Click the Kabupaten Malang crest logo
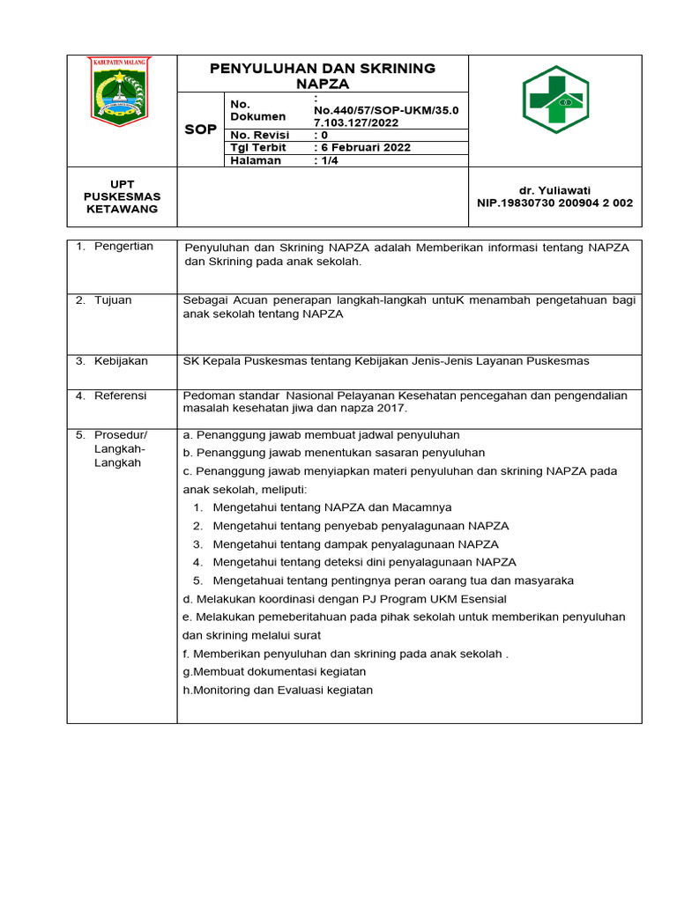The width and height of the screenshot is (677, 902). tap(122, 91)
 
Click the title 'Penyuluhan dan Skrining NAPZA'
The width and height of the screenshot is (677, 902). tap(322, 76)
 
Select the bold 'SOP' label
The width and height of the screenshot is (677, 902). tap(200, 129)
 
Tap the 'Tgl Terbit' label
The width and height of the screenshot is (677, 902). tap(257, 147)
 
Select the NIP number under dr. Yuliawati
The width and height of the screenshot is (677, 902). tap(554, 203)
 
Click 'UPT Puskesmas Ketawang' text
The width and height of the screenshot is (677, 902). tap(122, 196)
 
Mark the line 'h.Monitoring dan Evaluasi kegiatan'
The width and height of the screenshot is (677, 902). tap(278, 690)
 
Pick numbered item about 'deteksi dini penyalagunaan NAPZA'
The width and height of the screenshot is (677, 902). tap(364, 562)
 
